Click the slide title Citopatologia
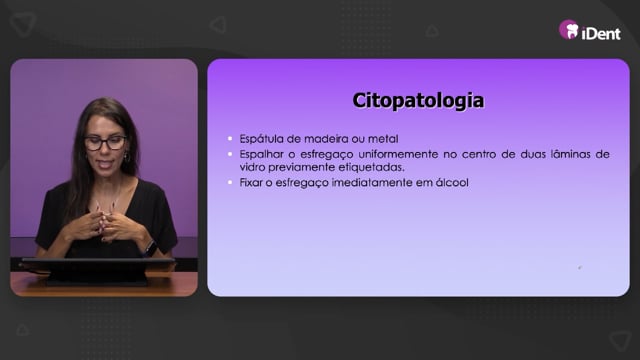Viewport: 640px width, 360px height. (x=418, y=101)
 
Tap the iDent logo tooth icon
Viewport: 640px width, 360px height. (x=569, y=30)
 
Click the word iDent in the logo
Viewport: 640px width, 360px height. (x=601, y=33)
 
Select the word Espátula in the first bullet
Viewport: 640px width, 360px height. (x=261, y=139)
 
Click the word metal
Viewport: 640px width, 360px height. (x=383, y=139)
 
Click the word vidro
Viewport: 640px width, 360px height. (x=252, y=167)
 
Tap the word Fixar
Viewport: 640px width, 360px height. (x=251, y=182)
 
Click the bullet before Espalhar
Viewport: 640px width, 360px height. (x=230, y=154)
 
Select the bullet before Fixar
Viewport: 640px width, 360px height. (x=230, y=182)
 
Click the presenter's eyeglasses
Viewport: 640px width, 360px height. (x=105, y=142)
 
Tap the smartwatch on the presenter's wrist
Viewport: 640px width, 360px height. (x=150, y=247)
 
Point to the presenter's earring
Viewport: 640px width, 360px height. (x=127, y=157)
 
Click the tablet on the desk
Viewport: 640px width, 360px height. (x=98, y=270)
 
